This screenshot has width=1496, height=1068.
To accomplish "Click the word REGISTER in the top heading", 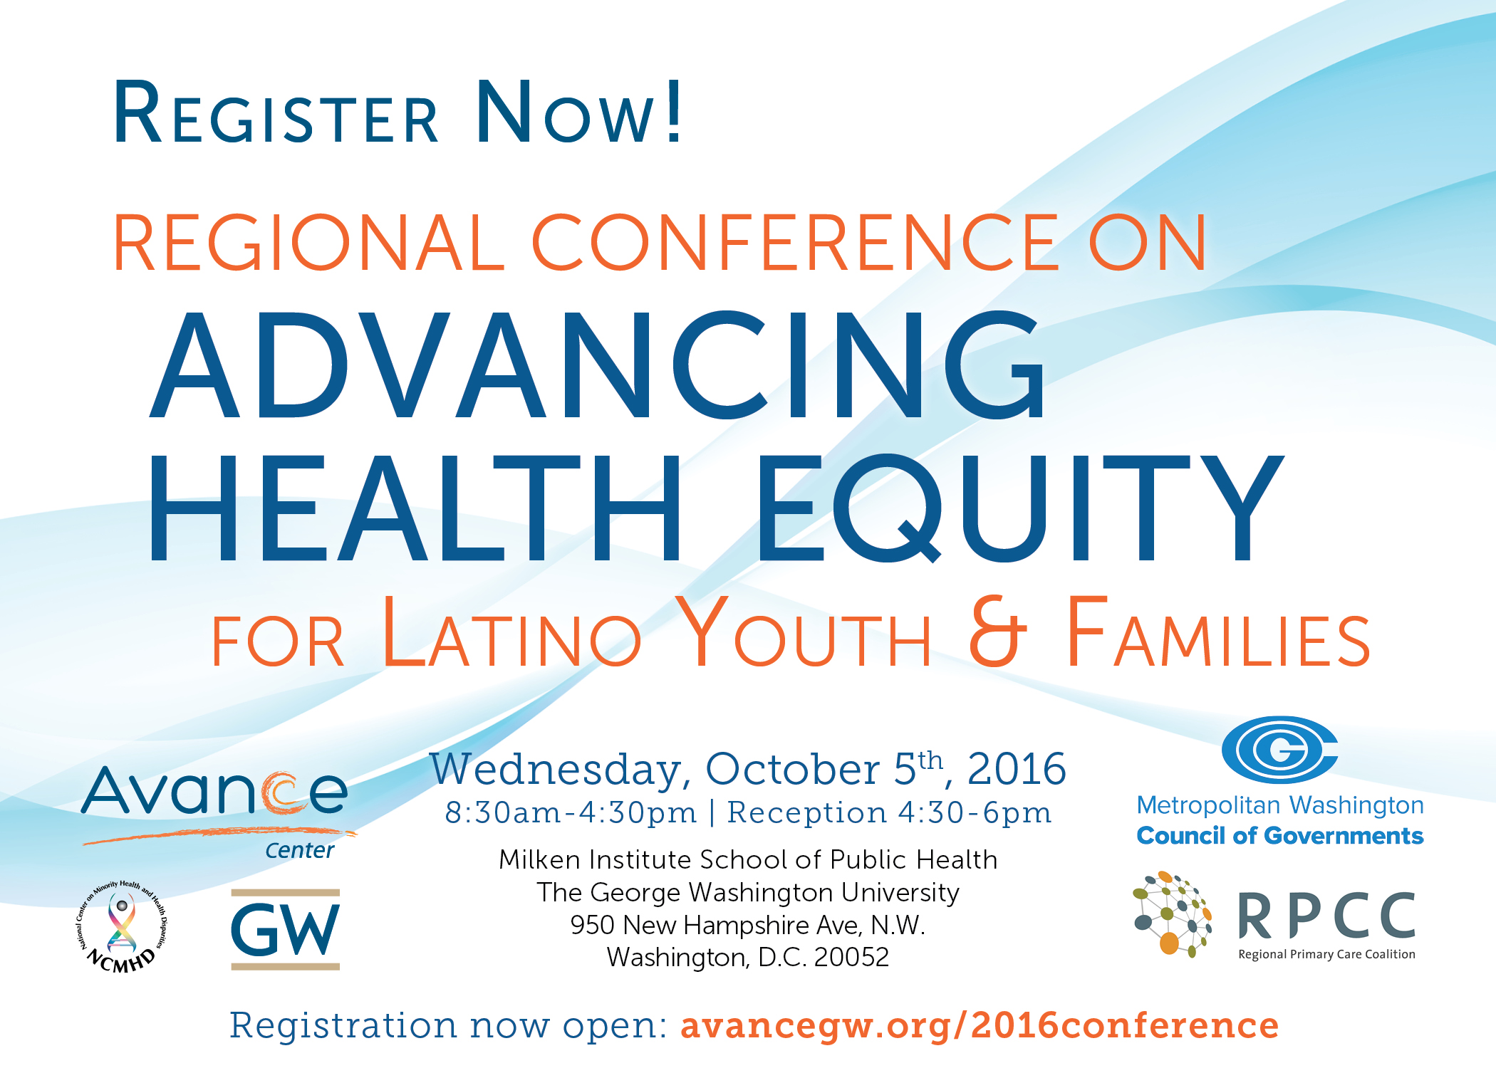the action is click(x=276, y=112).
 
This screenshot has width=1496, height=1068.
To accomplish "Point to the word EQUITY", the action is click(x=1019, y=507).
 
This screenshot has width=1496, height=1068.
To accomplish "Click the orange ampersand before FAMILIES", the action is click(x=997, y=632).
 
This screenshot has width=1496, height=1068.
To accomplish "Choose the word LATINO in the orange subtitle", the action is click(x=512, y=632).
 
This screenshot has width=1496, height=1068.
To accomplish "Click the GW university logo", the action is click(x=286, y=929).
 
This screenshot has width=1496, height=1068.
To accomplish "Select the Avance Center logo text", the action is click(x=217, y=812).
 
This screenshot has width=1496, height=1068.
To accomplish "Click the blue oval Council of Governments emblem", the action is click(x=1279, y=749).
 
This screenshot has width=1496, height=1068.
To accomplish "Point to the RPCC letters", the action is click(x=1326, y=916).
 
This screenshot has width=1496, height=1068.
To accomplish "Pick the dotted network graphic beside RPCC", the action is click(x=1173, y=914).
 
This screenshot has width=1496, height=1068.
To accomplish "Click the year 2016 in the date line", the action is click(x=1017, y=769).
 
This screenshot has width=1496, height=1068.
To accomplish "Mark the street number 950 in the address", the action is click(x=593, y=925).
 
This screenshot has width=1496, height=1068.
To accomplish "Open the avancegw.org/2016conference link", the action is click(x=980, y=1026).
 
